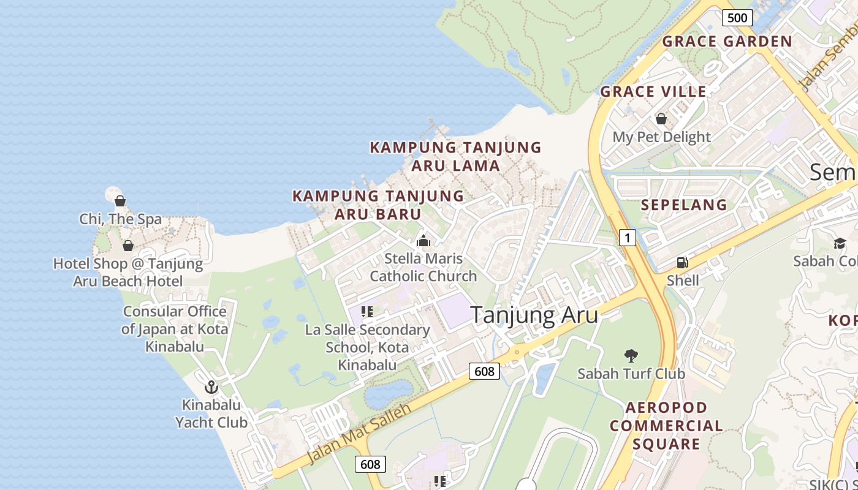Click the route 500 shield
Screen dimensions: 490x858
point(737,18)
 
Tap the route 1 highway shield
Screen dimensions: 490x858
point(626,237)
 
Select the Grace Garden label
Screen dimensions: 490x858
point(727,42)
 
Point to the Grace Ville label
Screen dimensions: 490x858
point(653,92)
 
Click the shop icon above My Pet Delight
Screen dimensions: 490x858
point(661,119)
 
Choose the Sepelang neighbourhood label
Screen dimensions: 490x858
point(684,205)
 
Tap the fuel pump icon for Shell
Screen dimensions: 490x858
point(681,263)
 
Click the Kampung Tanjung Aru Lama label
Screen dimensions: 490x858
point(455,156)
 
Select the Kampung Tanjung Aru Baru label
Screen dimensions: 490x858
point(378,205)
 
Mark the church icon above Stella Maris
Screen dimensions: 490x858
point(423,241)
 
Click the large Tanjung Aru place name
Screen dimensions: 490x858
point(534,315)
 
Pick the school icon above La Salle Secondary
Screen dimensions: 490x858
point(367,312)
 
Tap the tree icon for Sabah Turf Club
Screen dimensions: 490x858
point(631,356)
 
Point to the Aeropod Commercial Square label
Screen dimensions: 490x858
point(666,426)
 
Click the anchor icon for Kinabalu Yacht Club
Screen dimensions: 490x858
point(211,387)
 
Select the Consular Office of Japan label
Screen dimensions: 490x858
point(175,328)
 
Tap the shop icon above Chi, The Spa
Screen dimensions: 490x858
point(120,201)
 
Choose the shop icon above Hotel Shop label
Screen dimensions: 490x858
point(127,246)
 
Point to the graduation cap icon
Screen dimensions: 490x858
point(839,243)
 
